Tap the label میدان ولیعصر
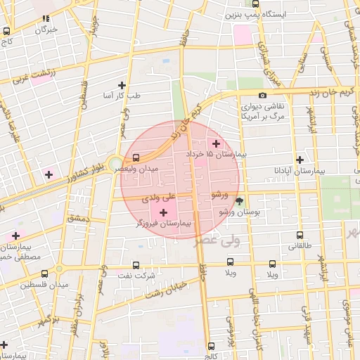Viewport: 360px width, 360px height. [x=160, y=169]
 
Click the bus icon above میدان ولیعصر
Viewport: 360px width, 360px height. [x=136, y=157]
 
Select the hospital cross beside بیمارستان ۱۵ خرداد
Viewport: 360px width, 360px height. [x=216, y=143]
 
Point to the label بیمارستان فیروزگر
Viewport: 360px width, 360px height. [x=167, y=223]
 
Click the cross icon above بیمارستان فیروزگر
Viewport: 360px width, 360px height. [x=165, y=212]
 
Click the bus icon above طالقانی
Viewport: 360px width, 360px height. [x=300, y=236]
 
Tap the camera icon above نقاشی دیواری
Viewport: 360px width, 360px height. [x=262, y=96]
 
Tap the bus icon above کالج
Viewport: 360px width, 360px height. [x=211, y=345]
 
